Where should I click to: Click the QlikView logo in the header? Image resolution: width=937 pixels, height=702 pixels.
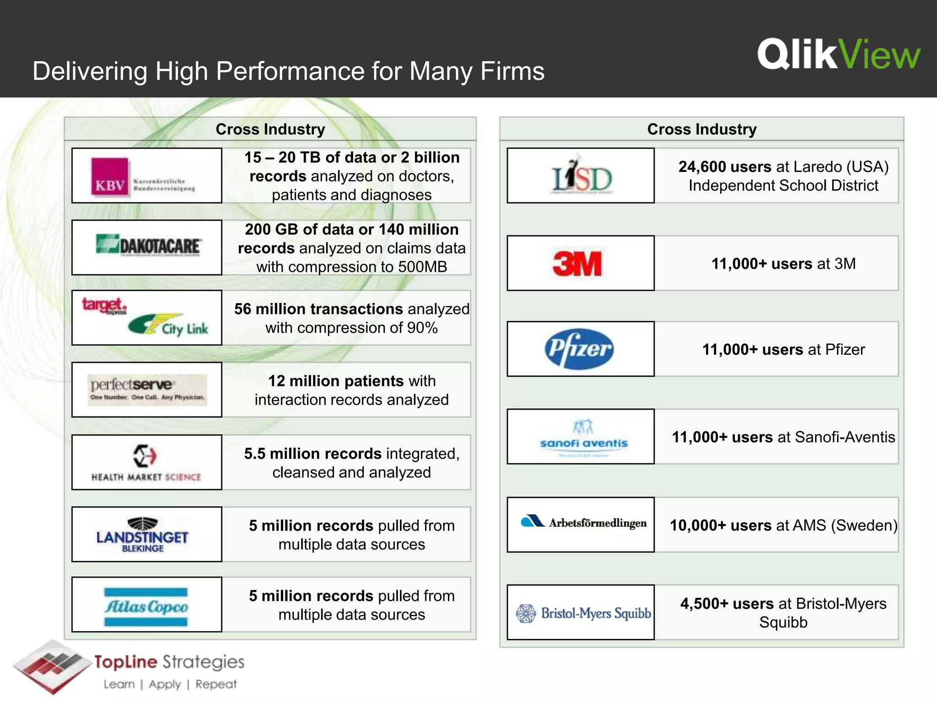pyautogui.click(x=839, y=55)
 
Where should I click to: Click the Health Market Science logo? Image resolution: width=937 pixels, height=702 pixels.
pyautogui.click(x=146, y=463)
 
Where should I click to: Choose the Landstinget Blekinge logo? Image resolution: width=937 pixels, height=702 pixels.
pyautogui.click(x=142, y=535)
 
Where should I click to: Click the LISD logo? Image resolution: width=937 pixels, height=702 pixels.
pyautogui.click(x=582, y=176)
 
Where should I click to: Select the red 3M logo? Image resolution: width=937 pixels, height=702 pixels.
pyautogui.click(x=577, y=264)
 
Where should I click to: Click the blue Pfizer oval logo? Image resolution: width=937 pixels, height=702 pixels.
pyautogui.click(x=579, y=349)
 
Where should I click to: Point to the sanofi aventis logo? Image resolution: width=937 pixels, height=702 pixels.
pyautogui.click(x=583, y=437)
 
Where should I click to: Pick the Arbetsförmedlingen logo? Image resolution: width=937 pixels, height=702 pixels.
pyautogui.click(x=584, y=522)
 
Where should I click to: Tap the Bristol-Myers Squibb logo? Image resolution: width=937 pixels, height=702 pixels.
pyautogui.click(x=583, y=613)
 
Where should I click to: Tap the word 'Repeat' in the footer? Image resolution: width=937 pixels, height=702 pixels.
pyautogui.click(x=216, y=684)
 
